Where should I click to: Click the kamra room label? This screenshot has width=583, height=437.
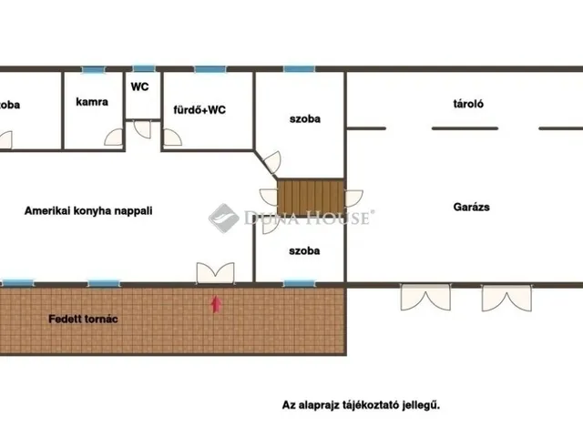tap(92, 102)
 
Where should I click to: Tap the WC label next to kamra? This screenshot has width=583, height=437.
tap(139, 87)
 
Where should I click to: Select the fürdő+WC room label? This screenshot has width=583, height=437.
tap(199, 110)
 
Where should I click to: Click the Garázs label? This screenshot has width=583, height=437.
tap(472, 207)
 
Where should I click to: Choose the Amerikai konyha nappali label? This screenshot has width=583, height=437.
tap(87, 209)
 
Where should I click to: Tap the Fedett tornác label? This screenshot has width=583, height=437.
tap(83, 320)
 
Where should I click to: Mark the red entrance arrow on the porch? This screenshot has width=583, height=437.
tap(215, 304)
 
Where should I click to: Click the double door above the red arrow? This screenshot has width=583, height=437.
tap(215, 272)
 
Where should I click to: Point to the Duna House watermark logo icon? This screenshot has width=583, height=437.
tap(223, 218)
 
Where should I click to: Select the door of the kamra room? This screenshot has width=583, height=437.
tap(113, 138)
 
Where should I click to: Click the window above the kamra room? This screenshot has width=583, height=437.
tap(92, 69)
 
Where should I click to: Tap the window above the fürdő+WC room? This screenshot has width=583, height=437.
tap(209, 69)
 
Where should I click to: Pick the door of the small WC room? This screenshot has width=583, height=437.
tap(142, 127)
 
